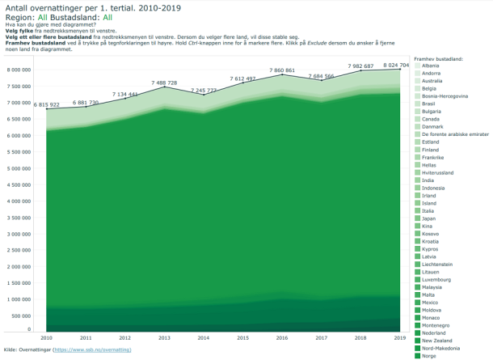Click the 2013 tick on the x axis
tap(164, 337)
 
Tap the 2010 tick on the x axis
tap(47, 337)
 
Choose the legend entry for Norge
tap(431, 356)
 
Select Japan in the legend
tap(429, 218)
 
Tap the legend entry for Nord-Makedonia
tap(440, 348)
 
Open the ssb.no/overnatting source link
tap(91, 349)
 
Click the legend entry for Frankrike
tap(434, 158)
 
